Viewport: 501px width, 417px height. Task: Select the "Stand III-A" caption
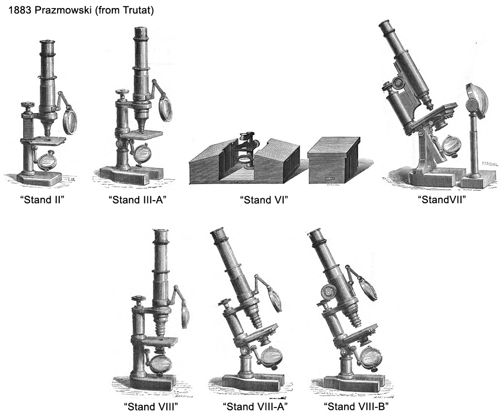137,200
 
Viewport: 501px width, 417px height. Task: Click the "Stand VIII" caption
151,405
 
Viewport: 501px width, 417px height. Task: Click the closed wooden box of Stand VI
334,160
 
